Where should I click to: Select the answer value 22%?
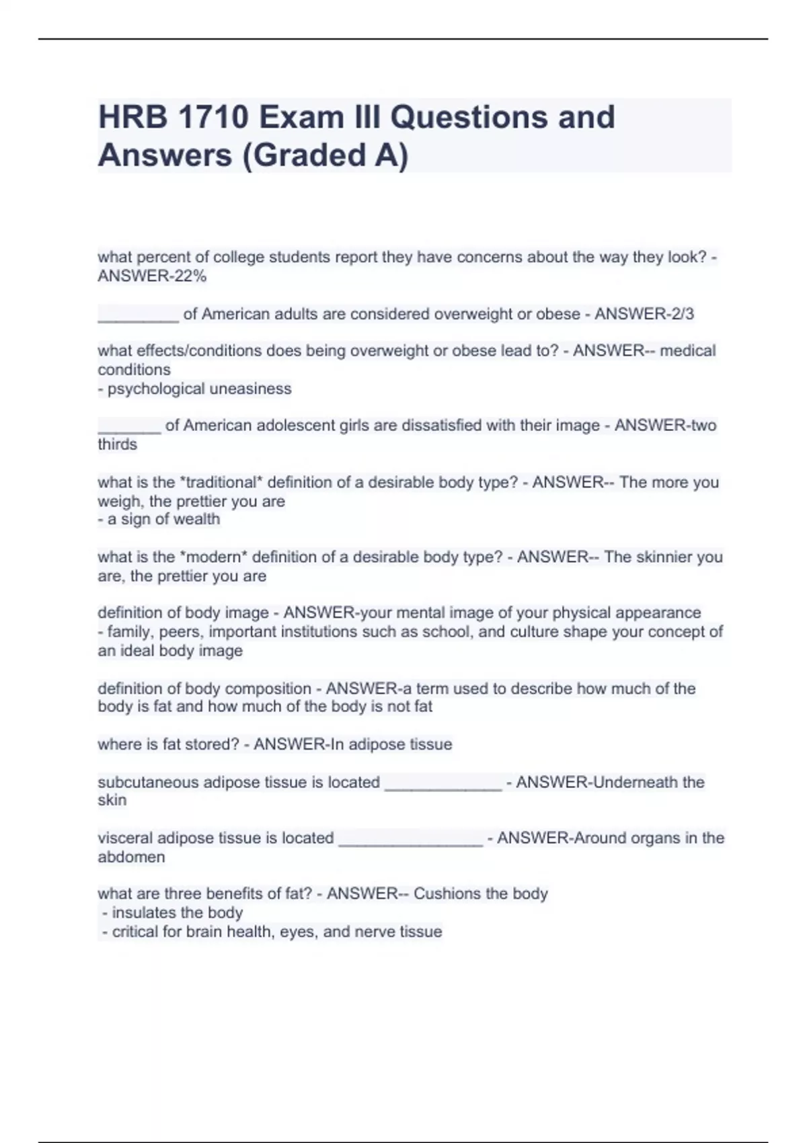(x=190, y=276)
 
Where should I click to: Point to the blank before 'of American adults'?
(x=139, y=316)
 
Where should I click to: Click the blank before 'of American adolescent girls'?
(x=129, y=427)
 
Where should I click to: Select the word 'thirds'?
(x=117, y=444)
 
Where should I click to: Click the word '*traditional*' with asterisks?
(x=220, y=483)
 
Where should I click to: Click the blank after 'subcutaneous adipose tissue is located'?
(x=443, y=785)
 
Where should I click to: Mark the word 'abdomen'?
(x=131, y=857)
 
